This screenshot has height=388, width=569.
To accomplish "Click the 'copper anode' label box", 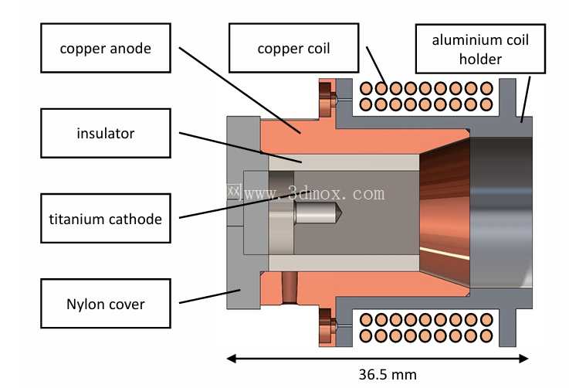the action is coord(106,48).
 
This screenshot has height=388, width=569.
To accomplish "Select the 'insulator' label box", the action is coord(106,133).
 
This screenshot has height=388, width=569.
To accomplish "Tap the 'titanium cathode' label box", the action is coord(106,218).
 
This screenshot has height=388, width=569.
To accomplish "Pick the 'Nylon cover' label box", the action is coord(106,304).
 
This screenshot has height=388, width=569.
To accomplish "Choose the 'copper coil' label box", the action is coord(294,48).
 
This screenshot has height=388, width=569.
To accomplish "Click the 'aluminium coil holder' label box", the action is coord(480,49).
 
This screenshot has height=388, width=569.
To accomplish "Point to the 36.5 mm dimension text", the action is coord(388,374).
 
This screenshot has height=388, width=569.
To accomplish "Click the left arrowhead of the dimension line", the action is coord(232,359).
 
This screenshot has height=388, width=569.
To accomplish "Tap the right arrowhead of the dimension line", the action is coord(523,359).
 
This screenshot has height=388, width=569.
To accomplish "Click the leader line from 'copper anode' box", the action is coord(240,90).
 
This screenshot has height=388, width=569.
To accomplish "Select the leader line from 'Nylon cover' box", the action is coord(210,296).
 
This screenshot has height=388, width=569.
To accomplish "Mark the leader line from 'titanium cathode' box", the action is coord(240,206).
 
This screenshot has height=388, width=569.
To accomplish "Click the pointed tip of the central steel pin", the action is coord(341,213).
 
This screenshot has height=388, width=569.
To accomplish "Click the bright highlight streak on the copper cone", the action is coord(445,254).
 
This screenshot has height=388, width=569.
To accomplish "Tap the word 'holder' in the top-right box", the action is coord(480,59).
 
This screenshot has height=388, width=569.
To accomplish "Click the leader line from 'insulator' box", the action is coord(240,147).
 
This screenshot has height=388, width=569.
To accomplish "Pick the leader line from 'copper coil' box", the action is coord(376,66).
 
